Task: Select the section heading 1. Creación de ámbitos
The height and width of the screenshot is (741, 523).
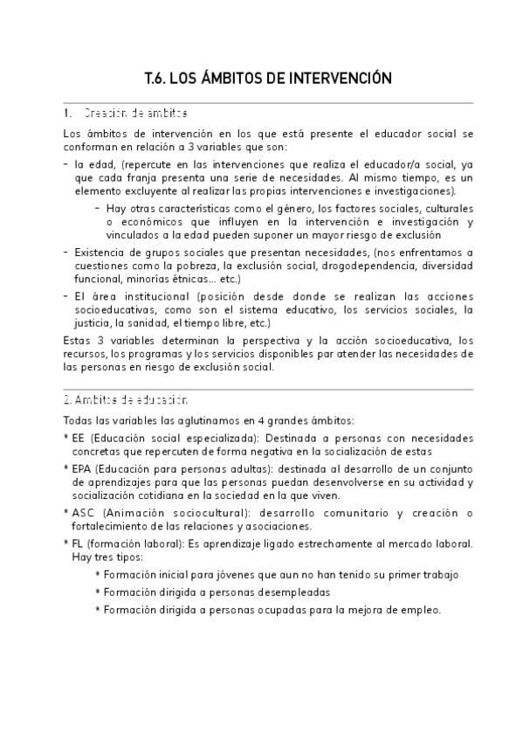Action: pos(126,114)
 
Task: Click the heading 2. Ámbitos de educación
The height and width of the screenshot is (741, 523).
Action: pos(126,401)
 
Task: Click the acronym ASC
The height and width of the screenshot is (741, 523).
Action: pos(84,513)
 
